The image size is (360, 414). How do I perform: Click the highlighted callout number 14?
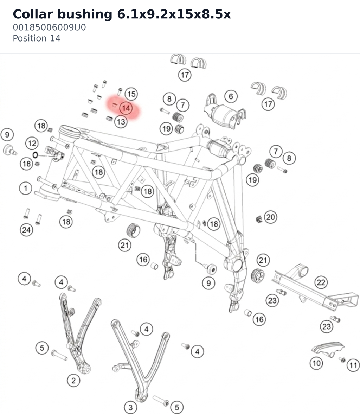click(126, 108)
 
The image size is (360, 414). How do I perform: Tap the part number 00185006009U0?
click(49, 27)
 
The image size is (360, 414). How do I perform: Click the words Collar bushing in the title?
click(63, 14)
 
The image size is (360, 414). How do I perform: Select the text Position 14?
click(37, 38)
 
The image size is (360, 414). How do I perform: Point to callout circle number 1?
click(26, 188)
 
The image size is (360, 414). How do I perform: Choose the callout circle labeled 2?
click(73, 381)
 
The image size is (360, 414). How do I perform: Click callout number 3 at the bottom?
click(130, 407)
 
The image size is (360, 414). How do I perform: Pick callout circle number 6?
click(231, 96)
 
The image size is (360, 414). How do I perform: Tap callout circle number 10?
click(316, 363)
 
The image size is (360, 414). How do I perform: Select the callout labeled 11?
click(353, 365)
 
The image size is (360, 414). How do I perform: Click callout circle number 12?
click(32, 144)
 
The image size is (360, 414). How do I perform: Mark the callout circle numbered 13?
click(121, 122)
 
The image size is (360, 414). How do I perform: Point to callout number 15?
click(131, 94)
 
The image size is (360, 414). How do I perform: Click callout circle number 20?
click(271, 217)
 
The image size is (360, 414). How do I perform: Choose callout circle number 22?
click(321, 282)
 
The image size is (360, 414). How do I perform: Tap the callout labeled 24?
click(26, 230)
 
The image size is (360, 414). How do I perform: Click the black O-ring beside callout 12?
click(35, 155)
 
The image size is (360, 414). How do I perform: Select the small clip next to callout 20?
click(259, 219)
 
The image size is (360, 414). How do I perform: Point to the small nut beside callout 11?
click(342, 359)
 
